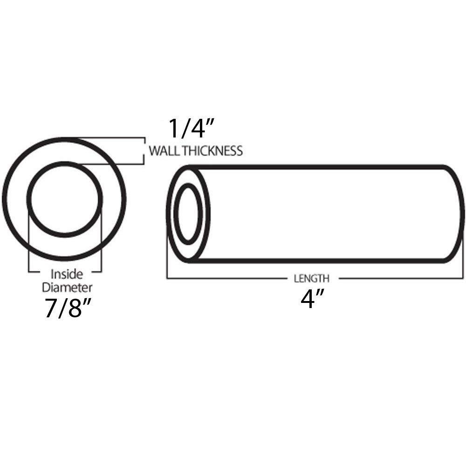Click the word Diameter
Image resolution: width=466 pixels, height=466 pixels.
[65, 285]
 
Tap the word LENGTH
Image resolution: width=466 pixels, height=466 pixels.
[312, 279]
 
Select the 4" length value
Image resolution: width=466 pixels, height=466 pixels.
[309, 300]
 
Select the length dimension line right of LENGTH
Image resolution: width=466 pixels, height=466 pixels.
[401, 279]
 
